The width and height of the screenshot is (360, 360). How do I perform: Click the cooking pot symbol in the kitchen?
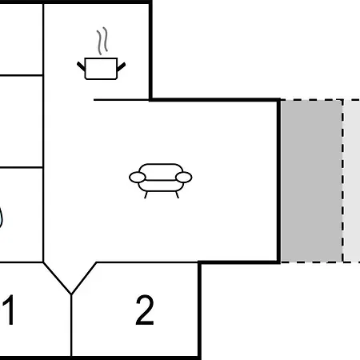[101, 69]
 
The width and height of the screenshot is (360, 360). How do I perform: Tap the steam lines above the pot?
[102, 41]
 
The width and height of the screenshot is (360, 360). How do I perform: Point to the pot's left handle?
[81, 66]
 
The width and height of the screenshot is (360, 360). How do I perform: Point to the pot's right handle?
[121, 67]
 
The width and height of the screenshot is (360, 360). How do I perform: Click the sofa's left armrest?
[138, 178]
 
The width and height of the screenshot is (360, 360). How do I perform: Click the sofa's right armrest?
[184, 178]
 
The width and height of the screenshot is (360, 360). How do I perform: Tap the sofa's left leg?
[146, 195]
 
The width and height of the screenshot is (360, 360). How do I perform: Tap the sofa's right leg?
[177, 195]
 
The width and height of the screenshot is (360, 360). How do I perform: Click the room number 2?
[145, 310]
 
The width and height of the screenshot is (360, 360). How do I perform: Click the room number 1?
[9, 310]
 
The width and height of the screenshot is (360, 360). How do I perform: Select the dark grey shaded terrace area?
[311, 181]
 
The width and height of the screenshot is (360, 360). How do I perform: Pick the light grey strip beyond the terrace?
[352, 181]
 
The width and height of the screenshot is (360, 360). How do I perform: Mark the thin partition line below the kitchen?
[122, 100]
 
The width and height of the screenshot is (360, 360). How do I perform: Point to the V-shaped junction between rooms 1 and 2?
[71, 294]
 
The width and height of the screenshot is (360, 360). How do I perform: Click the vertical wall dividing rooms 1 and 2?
[71, 325]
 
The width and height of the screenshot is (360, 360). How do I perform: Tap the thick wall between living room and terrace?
[278, 181]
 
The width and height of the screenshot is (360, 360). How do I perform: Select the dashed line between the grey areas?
[342, 181]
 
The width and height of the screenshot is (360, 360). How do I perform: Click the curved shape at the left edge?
[2, 218]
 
